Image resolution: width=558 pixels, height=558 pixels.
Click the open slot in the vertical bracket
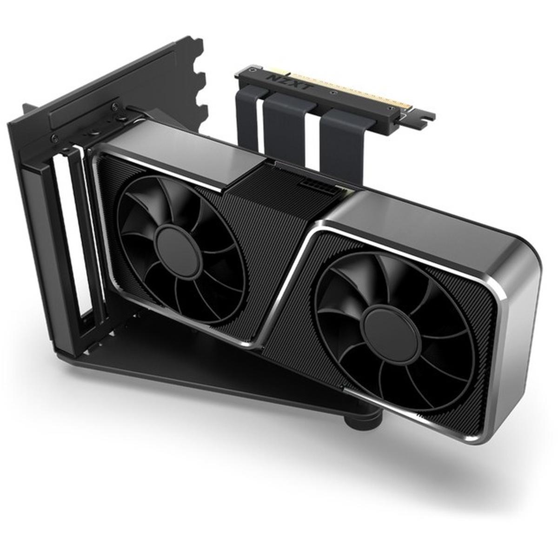(65, 242)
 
